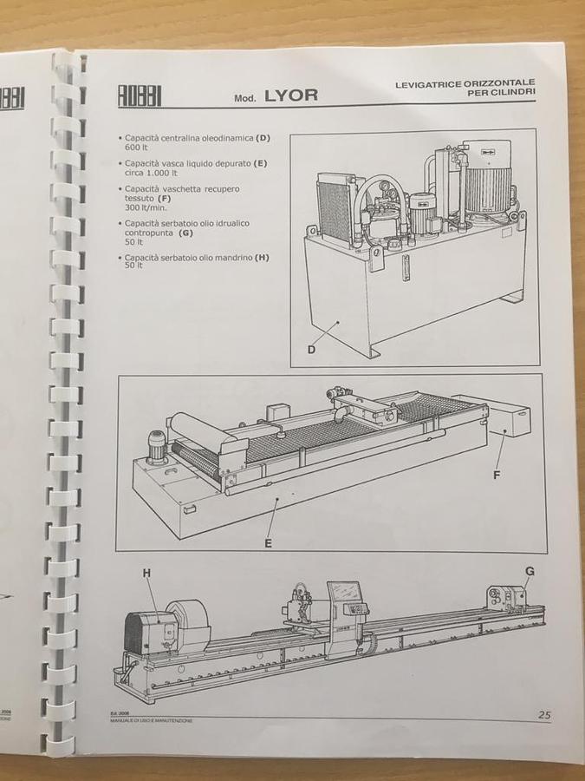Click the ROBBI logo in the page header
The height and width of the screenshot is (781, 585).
(x=140, y=95)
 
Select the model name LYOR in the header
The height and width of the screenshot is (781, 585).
(x=290, y=95)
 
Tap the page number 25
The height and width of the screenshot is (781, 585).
(x=543, y=715)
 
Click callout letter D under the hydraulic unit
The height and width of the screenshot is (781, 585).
(x=311, y=350)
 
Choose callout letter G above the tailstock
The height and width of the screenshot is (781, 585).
(x=529, y=570)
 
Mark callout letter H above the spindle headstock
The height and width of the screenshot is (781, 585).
(x=146, y=573)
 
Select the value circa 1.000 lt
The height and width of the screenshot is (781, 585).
(x=151, y=172)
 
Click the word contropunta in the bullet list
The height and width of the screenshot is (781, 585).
(x=149, y=233)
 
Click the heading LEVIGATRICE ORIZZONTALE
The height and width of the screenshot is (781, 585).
(x=465, y=83)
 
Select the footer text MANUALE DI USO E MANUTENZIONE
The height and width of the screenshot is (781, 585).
(x=155, y=721)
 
